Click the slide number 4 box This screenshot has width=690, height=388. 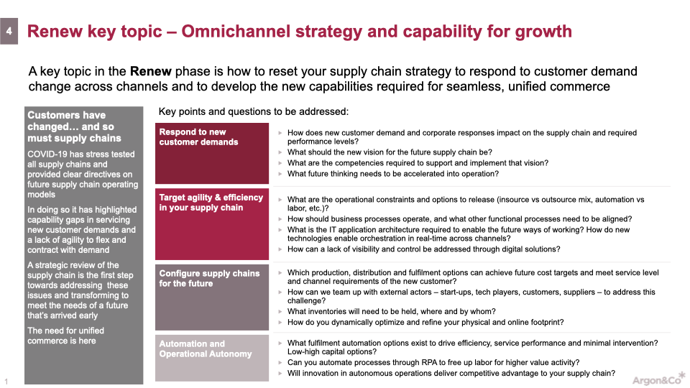[9, 31]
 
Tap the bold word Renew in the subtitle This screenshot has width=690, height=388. [150, 71]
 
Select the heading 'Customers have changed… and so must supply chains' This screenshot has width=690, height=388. [74, 126]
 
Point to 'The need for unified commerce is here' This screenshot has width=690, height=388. [65, 336]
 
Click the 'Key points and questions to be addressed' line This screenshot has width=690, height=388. [254, 112]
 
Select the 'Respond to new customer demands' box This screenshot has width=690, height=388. [211, 153]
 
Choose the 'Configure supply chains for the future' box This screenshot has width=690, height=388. [211, 297]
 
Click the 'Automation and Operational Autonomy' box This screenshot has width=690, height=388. [211, 358]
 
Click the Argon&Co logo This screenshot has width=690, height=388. [659, 379]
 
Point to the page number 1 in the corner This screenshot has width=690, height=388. [6, 382]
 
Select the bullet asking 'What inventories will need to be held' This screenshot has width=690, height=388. [392, 311]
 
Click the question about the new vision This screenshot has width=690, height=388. [390, 152]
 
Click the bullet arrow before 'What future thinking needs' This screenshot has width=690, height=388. [280, 174]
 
